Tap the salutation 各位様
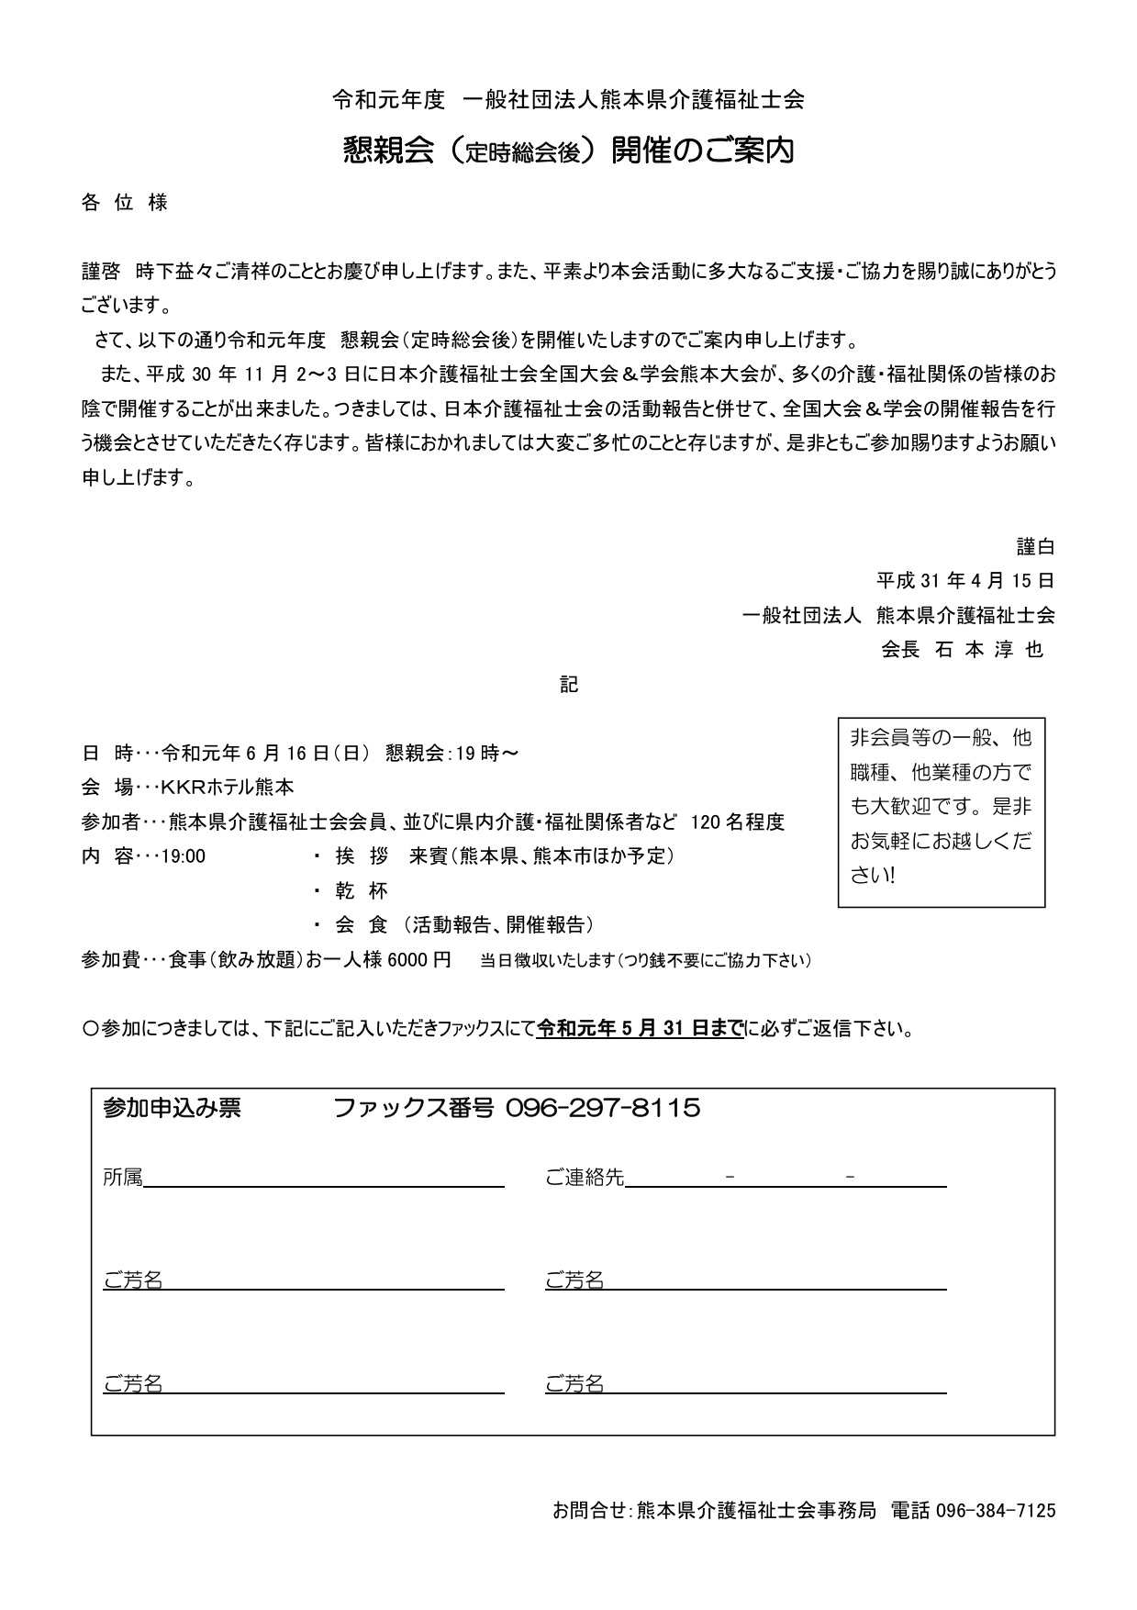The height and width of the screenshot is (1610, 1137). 125,203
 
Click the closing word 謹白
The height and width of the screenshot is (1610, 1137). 1035,547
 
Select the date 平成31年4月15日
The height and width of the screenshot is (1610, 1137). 964,581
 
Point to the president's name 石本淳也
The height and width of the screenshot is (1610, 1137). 989,650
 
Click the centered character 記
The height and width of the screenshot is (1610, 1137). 569,685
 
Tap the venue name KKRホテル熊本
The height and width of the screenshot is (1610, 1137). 228,788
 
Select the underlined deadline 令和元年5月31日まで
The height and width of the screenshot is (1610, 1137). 641,1029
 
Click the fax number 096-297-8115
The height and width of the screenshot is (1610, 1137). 604,1108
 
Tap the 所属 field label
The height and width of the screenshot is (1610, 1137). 123,1178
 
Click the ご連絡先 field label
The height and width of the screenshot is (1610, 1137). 585,1178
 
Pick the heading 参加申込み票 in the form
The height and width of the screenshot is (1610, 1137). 173,1108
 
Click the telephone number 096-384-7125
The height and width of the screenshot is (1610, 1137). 996,1510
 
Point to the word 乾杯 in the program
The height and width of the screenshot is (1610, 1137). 362,890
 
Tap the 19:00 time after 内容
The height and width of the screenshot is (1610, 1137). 184,856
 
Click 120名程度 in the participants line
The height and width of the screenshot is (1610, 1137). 738,822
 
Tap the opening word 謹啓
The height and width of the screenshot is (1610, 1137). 101,272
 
